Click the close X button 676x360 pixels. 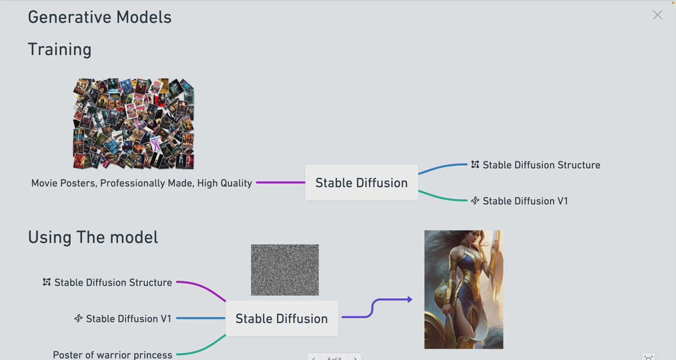click(x=657, y=15)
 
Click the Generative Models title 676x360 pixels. click(x=100, y=17)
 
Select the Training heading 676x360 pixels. click(x=60, y=49)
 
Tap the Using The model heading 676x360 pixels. click(x=93, y=237)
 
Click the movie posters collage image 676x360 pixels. click(x=134, y=124)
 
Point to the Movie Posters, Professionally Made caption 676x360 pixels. click(x=142, y=183)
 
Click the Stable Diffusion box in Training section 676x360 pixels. click(x=361, y=183)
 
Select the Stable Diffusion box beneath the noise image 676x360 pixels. click(x=281, y=318)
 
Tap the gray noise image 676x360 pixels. click(x=285, y=270)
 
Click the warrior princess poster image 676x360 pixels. click(x=464, y=289)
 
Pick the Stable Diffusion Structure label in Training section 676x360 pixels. click(x=541, y=165)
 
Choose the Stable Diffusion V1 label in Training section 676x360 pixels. click(x=525, y=201)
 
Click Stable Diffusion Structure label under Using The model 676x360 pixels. click(x=113, y=282)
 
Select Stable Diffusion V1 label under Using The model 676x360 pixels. click(x=128, y=319)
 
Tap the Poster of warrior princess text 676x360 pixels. click(x=112, y=355)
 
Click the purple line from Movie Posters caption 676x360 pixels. click(x=280, y=183)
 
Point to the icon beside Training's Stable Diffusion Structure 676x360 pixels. click(x=475, y=165)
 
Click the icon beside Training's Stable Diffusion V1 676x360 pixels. click(x=475, y=201)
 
